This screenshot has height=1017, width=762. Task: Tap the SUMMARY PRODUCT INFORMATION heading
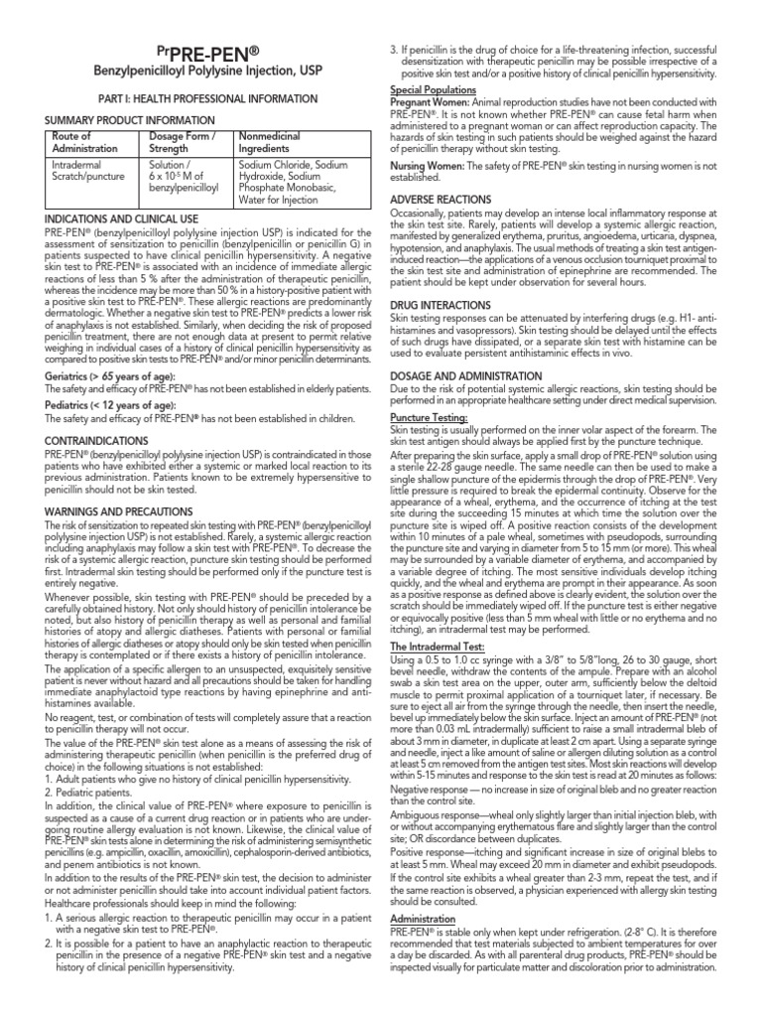(x=114, y=120)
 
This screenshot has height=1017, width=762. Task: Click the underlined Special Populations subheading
(x=432, y=89)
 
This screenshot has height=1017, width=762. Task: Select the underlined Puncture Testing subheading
(x=429, y=419)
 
